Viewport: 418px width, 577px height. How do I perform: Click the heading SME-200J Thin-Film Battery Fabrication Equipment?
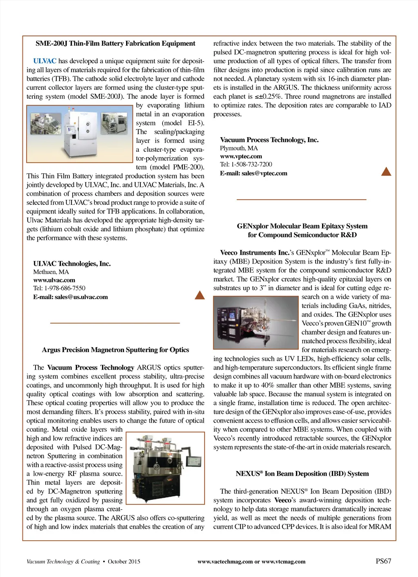point(115,43)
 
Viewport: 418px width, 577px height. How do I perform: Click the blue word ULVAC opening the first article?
point(44,61)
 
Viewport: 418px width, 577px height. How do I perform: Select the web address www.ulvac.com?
point(54,280)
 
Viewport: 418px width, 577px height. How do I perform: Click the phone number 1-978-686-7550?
point(65,288)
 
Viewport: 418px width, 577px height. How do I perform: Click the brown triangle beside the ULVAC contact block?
point(200,295)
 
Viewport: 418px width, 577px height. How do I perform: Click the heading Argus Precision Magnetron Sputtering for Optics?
point(115,350)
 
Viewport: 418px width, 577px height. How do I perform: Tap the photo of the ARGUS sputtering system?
point(165,468)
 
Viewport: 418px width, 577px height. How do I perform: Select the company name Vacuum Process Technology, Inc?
point(269,140)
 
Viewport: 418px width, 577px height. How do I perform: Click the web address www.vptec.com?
point(241,156)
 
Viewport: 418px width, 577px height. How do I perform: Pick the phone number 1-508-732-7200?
point(251,164)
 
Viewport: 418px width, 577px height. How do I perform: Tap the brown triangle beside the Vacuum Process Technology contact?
point(386,171)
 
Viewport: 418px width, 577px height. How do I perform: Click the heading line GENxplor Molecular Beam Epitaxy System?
point(302,226)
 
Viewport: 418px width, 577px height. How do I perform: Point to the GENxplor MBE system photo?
point(256,322)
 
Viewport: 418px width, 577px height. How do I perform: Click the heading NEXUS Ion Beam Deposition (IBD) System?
point(302,474)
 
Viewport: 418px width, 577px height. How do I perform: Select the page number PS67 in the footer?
point(383,561)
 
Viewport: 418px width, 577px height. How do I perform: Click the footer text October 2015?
point(124,561)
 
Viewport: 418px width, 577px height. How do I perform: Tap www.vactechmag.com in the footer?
point(225,561)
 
